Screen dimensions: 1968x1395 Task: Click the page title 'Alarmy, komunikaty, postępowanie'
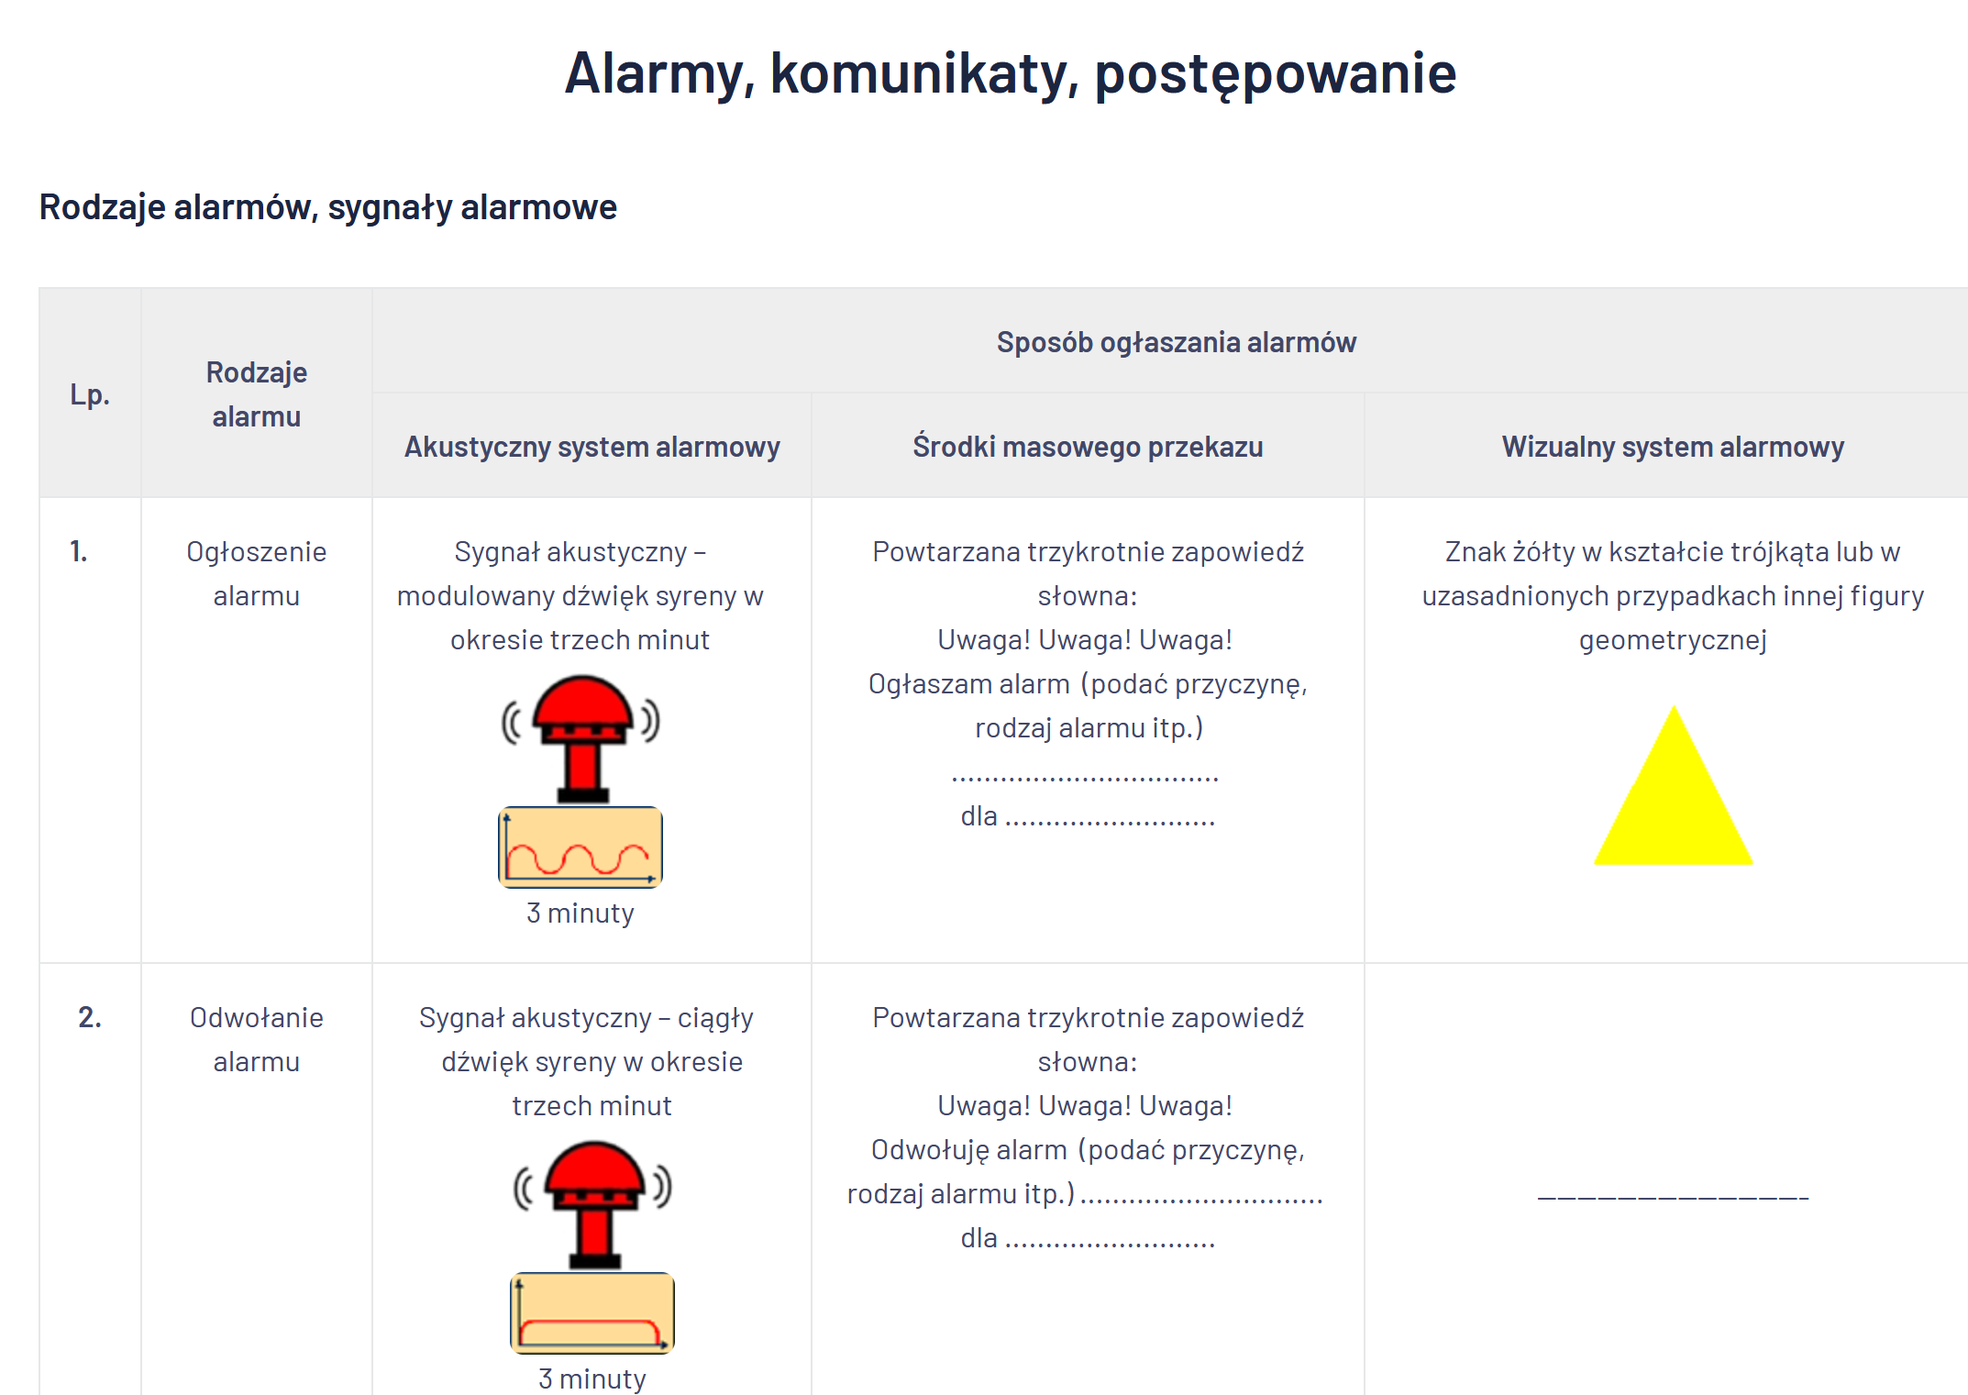(x=1010, y=74)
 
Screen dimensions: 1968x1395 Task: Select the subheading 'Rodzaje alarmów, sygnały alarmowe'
(x=327, y=207)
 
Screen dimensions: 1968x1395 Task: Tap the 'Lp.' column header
(x=90, y=394)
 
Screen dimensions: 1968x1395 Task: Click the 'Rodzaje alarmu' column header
(x=257, y=394)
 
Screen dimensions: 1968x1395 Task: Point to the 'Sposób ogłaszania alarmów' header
(x=1176, y=342)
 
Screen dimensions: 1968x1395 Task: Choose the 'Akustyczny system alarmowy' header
(x=592, y=447)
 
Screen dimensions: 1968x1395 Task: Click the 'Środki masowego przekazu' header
(x=1088, y=447)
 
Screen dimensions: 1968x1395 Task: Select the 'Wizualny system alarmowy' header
(x=1673, y=447)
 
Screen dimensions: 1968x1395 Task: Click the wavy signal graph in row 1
(x=580, y=847)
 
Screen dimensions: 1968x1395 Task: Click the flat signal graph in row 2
(x=592, y=1313)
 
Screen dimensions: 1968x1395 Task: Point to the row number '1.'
(x=79, y=551)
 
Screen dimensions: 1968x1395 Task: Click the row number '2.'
(x=90, y=1017)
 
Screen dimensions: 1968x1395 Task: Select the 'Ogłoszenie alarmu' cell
(x=257, y=573)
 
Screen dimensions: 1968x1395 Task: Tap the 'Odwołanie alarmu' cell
(x=257, y=1039)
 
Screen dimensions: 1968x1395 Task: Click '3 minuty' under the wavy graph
(x=580, y=913)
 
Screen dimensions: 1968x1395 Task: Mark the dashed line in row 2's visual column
(x=1673, y=1198)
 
